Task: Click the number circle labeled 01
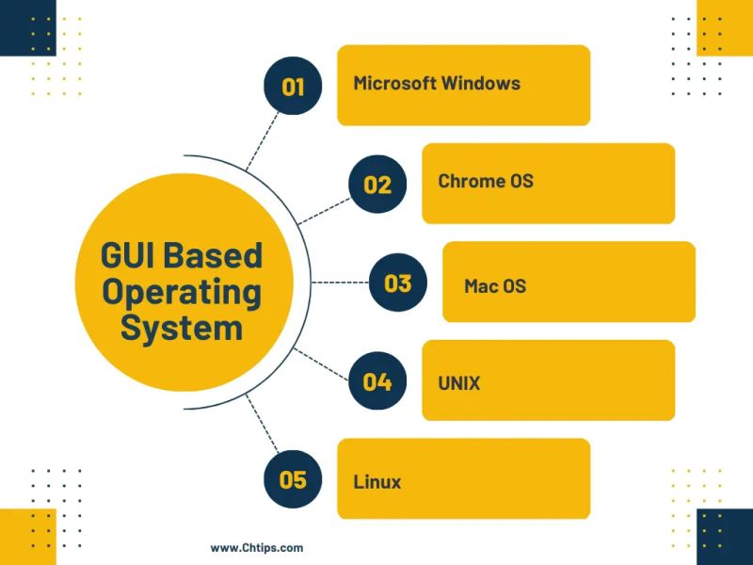[293, 87]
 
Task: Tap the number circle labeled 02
[376, 185]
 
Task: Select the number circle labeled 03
[397, 282]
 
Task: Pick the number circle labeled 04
[376, 381]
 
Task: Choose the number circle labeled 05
[293, 479]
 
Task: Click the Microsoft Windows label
[437, 83]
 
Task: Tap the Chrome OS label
[486, 181]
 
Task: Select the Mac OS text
[495, 285]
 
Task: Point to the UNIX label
[459, 383]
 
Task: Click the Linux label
[377, 482]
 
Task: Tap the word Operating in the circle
[182, 292]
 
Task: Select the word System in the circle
[182, 329]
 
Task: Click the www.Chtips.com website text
[257, 547]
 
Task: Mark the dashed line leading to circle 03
[339, 282]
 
